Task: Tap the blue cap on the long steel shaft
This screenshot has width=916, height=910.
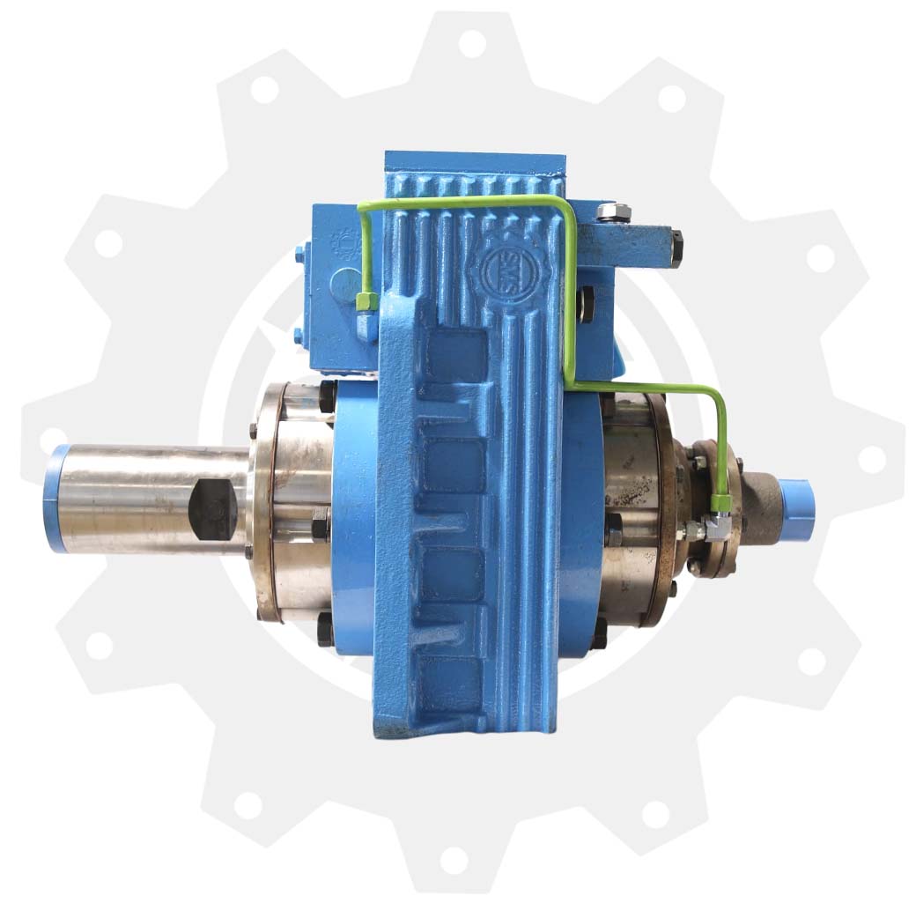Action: [x=56, y=499]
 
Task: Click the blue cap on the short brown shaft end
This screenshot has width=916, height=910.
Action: [x=795, y=503]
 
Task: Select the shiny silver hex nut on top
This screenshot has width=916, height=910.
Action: [x=611, y=211]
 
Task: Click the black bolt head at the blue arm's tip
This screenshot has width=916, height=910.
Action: [x=676, y=249]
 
